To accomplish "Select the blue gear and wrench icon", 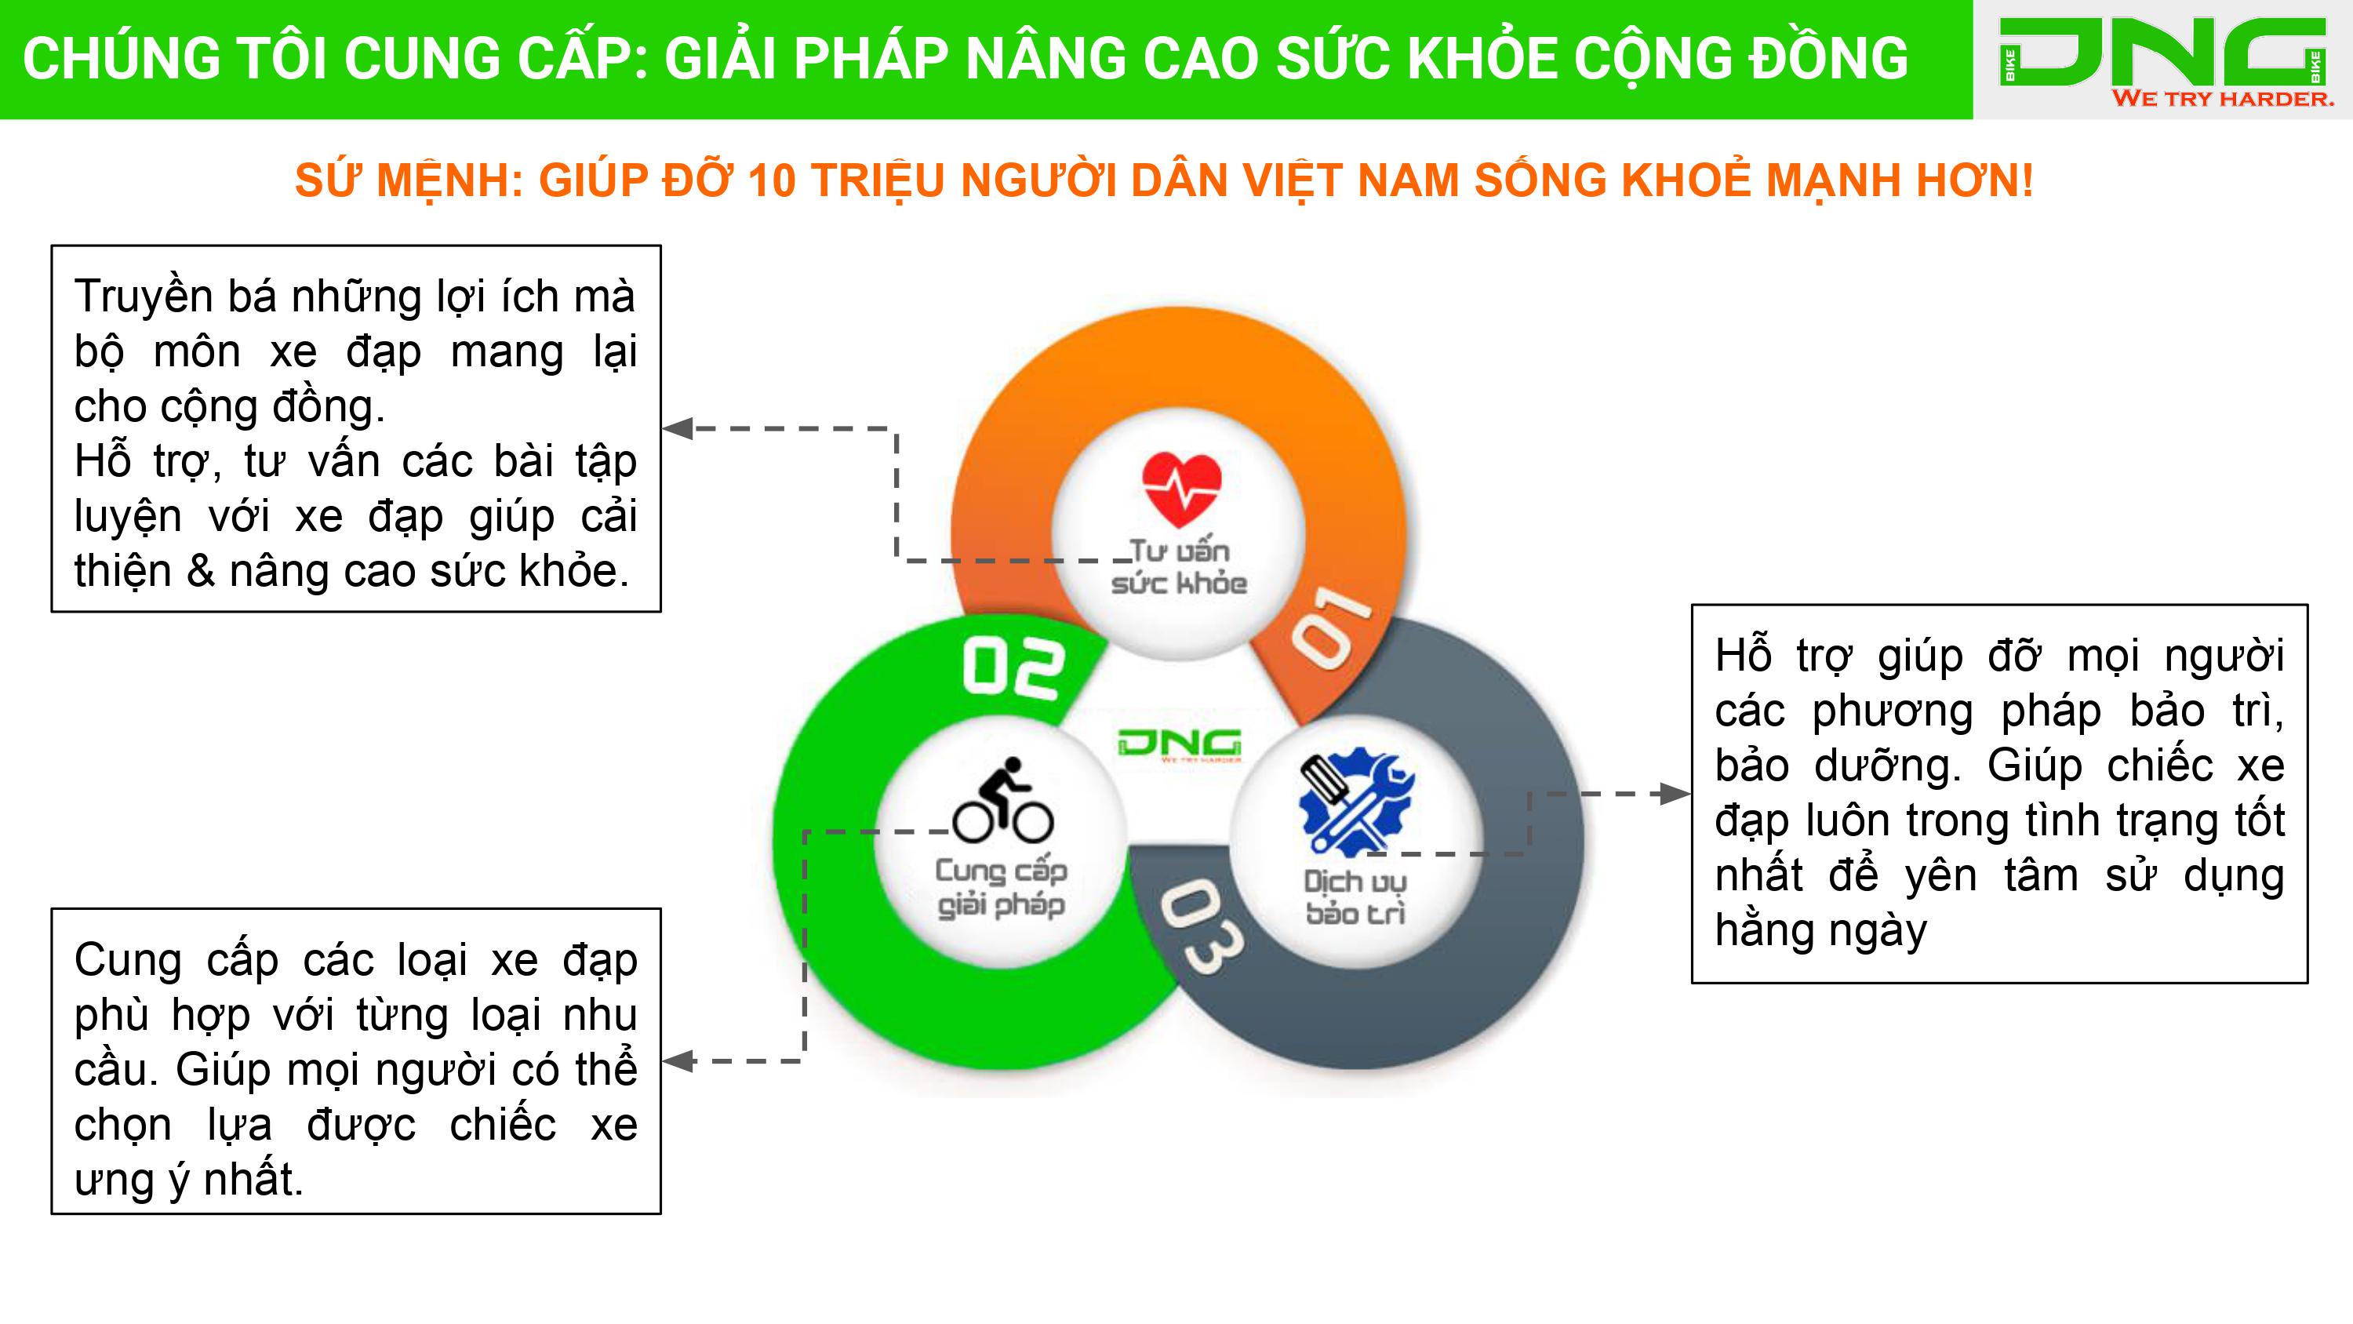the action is click(x=1355, y=802).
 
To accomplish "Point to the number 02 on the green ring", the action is click(x=1013, y=668).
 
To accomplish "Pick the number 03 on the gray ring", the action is click(x=1200, y=926).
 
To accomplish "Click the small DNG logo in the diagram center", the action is click(x=1179, y=744).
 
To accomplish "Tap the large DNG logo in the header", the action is click(x=2162, y=53).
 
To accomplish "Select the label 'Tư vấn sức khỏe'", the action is click(x=1179, y=566).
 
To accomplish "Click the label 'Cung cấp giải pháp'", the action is click(x=1001, y=886).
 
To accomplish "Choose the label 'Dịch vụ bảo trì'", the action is click(x=1355, y=897).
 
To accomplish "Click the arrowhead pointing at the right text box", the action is click(x=1675, y=793).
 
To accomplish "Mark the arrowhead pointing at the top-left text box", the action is click(x=678, y=427).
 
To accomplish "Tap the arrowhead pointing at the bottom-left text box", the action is click(x=678, y=1060).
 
